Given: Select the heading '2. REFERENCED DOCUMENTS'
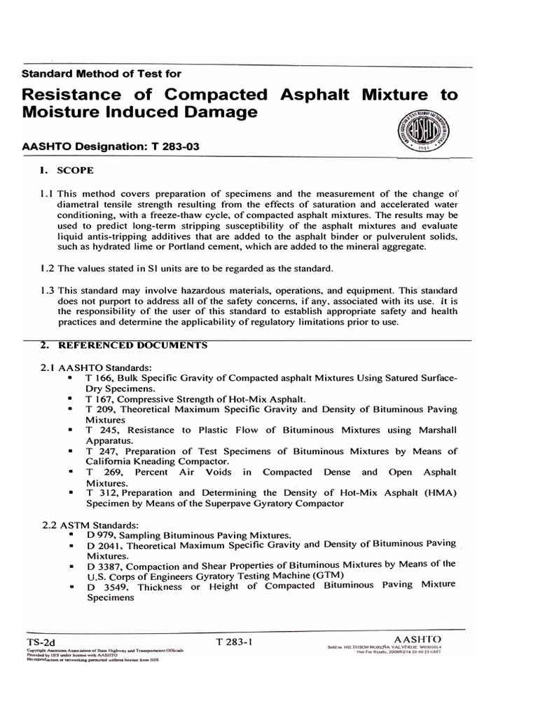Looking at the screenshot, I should [123, 345].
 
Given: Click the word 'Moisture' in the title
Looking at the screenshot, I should [67, 112].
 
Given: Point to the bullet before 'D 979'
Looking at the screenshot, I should [71, 535].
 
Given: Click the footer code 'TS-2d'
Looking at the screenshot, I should [40, 641].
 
